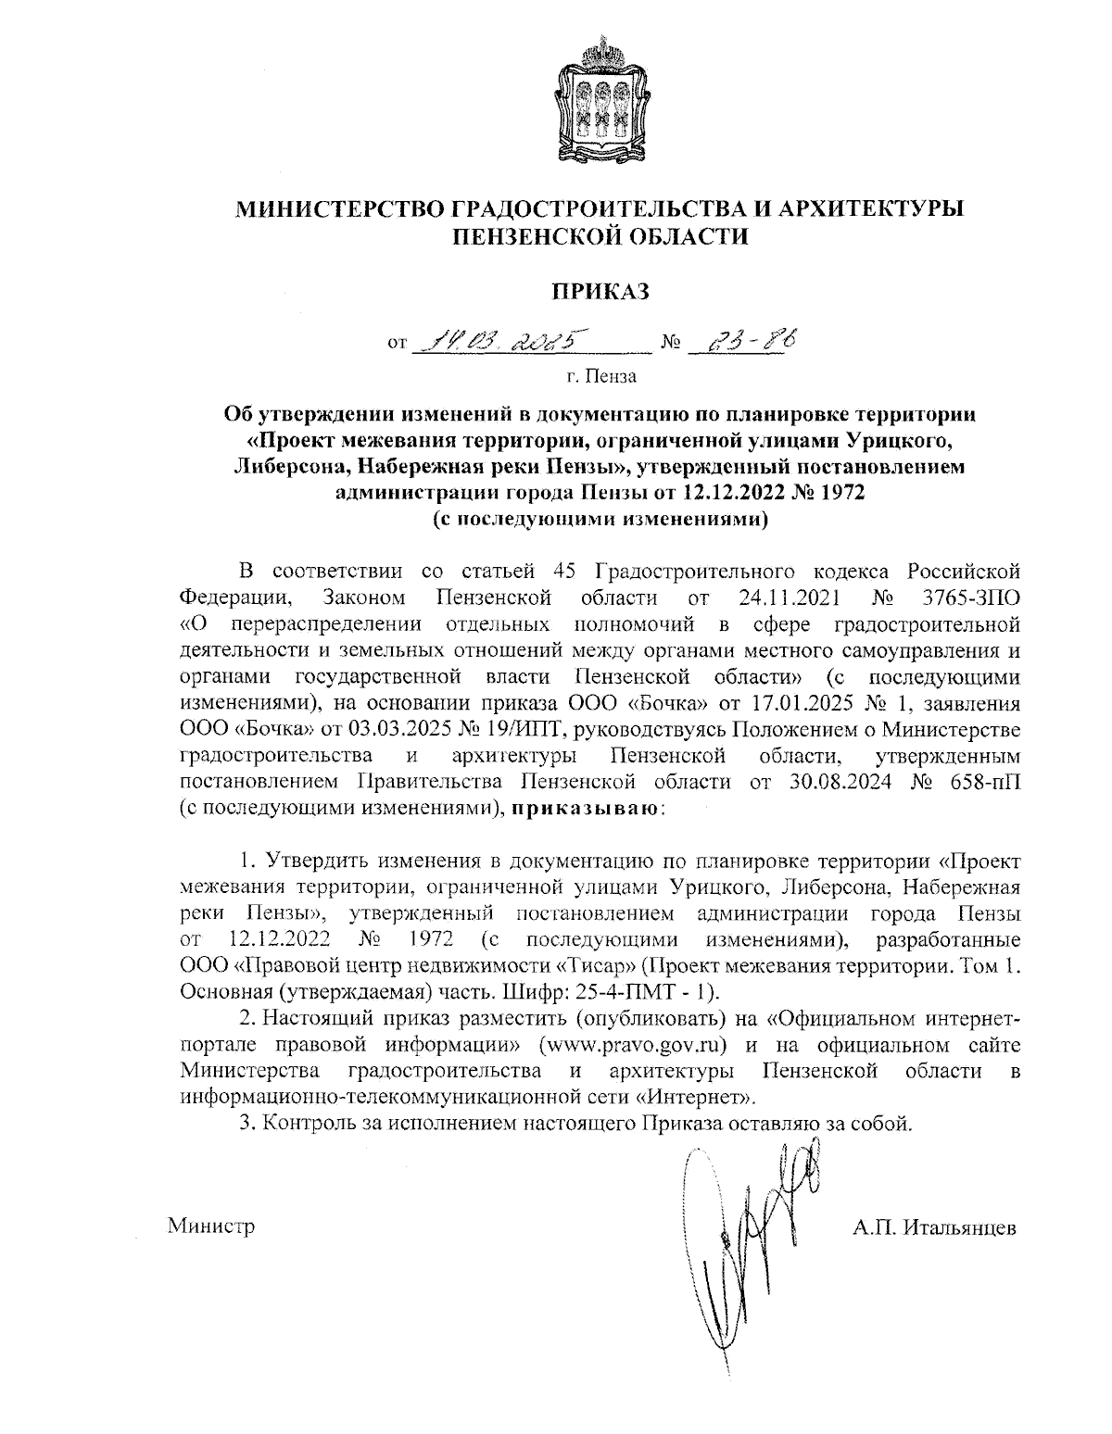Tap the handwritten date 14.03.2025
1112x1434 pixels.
pos(501,345)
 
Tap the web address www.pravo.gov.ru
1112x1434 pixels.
pos(631,1046)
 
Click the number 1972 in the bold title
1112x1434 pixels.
pos(838,493)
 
